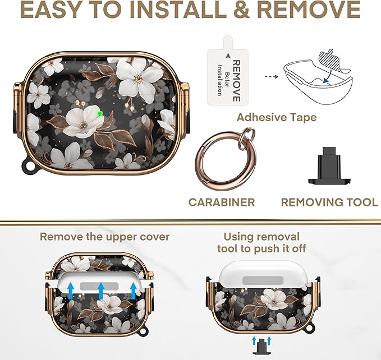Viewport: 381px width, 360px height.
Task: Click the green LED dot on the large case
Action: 100,113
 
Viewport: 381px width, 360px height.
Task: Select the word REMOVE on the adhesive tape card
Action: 236,81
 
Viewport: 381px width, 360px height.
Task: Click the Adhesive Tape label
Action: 277,118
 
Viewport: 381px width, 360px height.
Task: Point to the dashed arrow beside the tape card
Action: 272,77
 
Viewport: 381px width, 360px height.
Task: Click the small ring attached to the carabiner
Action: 246,136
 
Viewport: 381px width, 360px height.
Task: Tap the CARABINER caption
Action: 221,202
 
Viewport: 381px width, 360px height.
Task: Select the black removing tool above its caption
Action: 329,165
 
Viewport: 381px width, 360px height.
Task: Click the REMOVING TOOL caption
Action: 329,202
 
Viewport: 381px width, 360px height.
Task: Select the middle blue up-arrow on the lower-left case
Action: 101,291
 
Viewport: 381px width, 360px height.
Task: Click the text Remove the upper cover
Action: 104,237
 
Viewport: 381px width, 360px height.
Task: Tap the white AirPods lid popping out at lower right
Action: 263,273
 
